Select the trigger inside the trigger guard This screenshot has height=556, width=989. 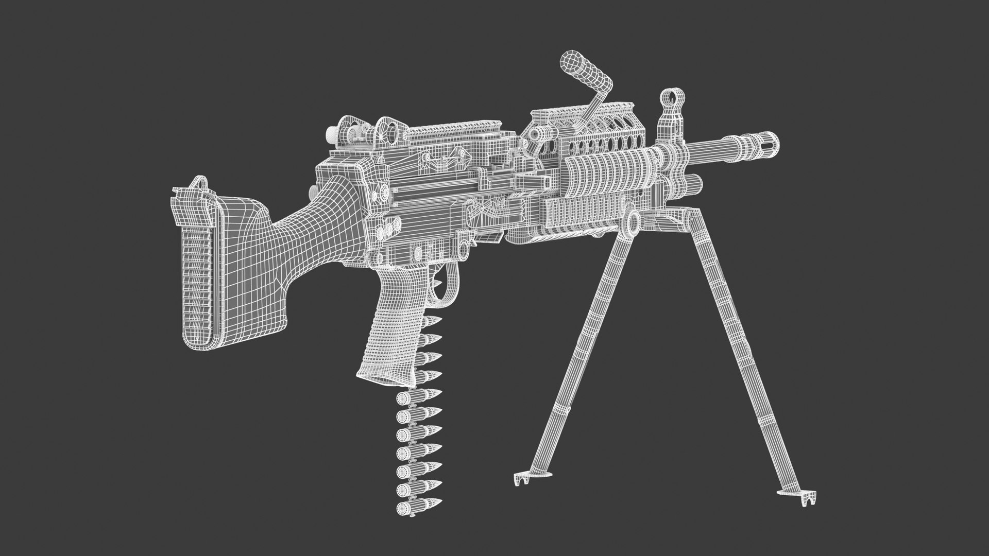pyautogui.click(x=440, y=284)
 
